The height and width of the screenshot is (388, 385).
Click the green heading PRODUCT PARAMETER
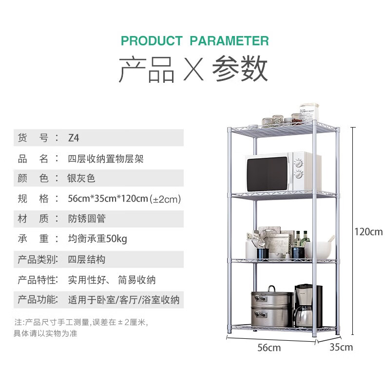(x=194, y=40)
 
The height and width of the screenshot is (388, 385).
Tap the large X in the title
(x=192, y=70)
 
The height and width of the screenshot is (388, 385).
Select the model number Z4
(x=73, y=138)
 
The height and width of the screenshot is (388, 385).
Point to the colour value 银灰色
(x=81, y=179)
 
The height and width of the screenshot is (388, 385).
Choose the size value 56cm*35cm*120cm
(x=108, y=199)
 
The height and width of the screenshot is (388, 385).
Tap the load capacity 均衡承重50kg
(x=97, y=239)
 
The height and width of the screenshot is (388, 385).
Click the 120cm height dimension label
(x=368, y=232)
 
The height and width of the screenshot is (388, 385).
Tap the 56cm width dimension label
(x=269, y=348)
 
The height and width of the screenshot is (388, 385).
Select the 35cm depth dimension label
(x=341, y=348)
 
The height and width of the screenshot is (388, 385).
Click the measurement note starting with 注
(x=80, y=328)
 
